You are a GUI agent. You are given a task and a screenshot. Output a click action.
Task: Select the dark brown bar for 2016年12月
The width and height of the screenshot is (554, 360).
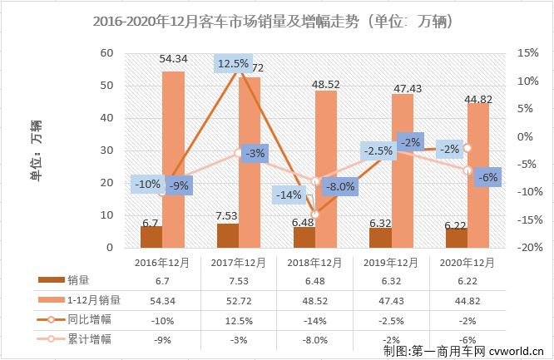151,237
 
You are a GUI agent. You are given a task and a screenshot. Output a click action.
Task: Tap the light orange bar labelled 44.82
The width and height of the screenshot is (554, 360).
478,175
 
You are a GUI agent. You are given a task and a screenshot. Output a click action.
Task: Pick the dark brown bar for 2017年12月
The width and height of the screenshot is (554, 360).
227,235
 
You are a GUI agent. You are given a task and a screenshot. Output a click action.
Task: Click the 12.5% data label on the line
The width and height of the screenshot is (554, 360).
234,63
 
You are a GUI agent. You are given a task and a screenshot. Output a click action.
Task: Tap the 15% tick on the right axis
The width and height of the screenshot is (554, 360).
528,52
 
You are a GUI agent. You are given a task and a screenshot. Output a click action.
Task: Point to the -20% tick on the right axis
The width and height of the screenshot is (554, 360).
527,248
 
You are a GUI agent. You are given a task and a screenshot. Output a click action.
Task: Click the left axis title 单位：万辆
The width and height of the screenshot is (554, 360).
37,150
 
